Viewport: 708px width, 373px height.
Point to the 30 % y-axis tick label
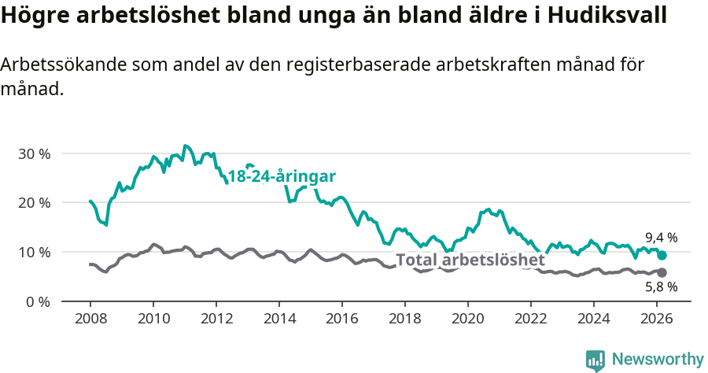(x=34, y=153)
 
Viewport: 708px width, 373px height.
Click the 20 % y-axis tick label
(x=34, y=203)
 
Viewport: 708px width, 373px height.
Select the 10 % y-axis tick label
(x=34, y=253)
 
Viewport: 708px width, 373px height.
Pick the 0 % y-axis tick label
(x=37, y=301)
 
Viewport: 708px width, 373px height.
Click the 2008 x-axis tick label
(x=90, y=319)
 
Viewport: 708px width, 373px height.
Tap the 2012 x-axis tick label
(x=216, y=319)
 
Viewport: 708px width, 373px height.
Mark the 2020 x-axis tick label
(x=468, y=319)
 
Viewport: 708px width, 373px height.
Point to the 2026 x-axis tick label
(x=657, y=319)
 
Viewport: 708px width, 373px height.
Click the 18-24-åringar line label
(x=282, y=176)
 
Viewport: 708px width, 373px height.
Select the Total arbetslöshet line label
(x=470, y=260)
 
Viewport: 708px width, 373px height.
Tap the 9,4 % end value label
(x=661, y=238)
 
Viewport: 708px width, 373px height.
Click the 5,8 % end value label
(x=661, y=286)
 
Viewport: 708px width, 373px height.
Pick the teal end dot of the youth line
(x=662, y=255)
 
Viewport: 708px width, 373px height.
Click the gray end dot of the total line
(x=662, y=272)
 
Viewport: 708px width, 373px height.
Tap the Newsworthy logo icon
(x=595, y=360)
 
